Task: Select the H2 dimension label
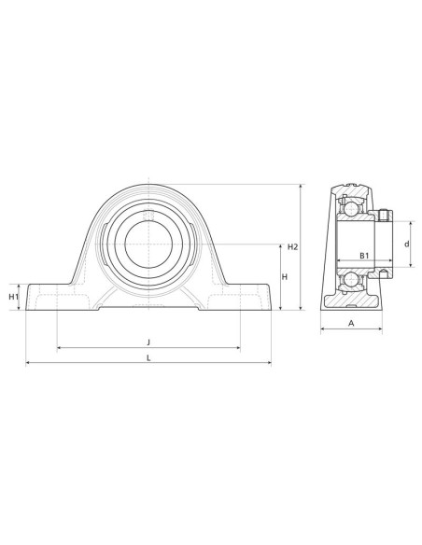[292, 247]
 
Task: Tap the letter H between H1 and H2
[284, 277]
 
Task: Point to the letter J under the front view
[148, 341]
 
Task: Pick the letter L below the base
[148, 357]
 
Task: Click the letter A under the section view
[351, 322]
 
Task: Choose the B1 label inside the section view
[363, 256]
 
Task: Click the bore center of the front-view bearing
[148, 245]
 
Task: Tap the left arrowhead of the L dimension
[28, 363]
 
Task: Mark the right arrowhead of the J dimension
[238, 347]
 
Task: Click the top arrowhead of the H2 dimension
[300, 187]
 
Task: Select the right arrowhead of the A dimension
[381, 328]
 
